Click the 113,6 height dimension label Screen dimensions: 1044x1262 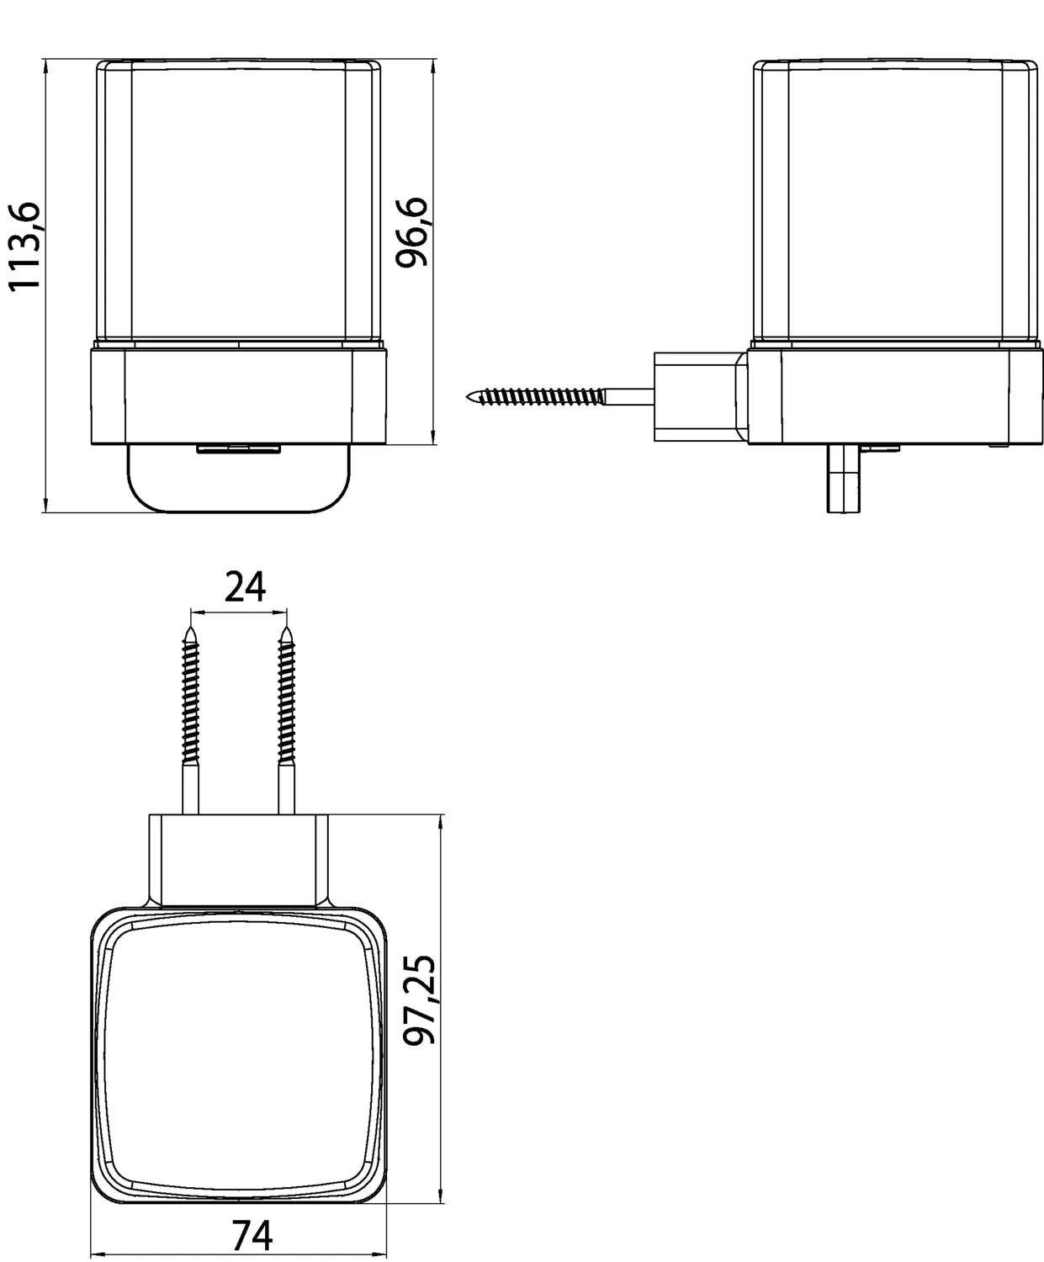click(24, 247)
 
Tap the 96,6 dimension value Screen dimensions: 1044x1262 click(411, 231)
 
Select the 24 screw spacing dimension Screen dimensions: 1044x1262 click(245, 586)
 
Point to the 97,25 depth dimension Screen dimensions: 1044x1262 click(419, 1000)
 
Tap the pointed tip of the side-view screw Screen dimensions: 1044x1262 click(467, 396)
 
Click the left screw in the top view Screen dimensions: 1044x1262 click(190, 721)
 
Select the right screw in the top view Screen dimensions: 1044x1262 click(287, 721)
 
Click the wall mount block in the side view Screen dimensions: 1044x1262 click(701, 396)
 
